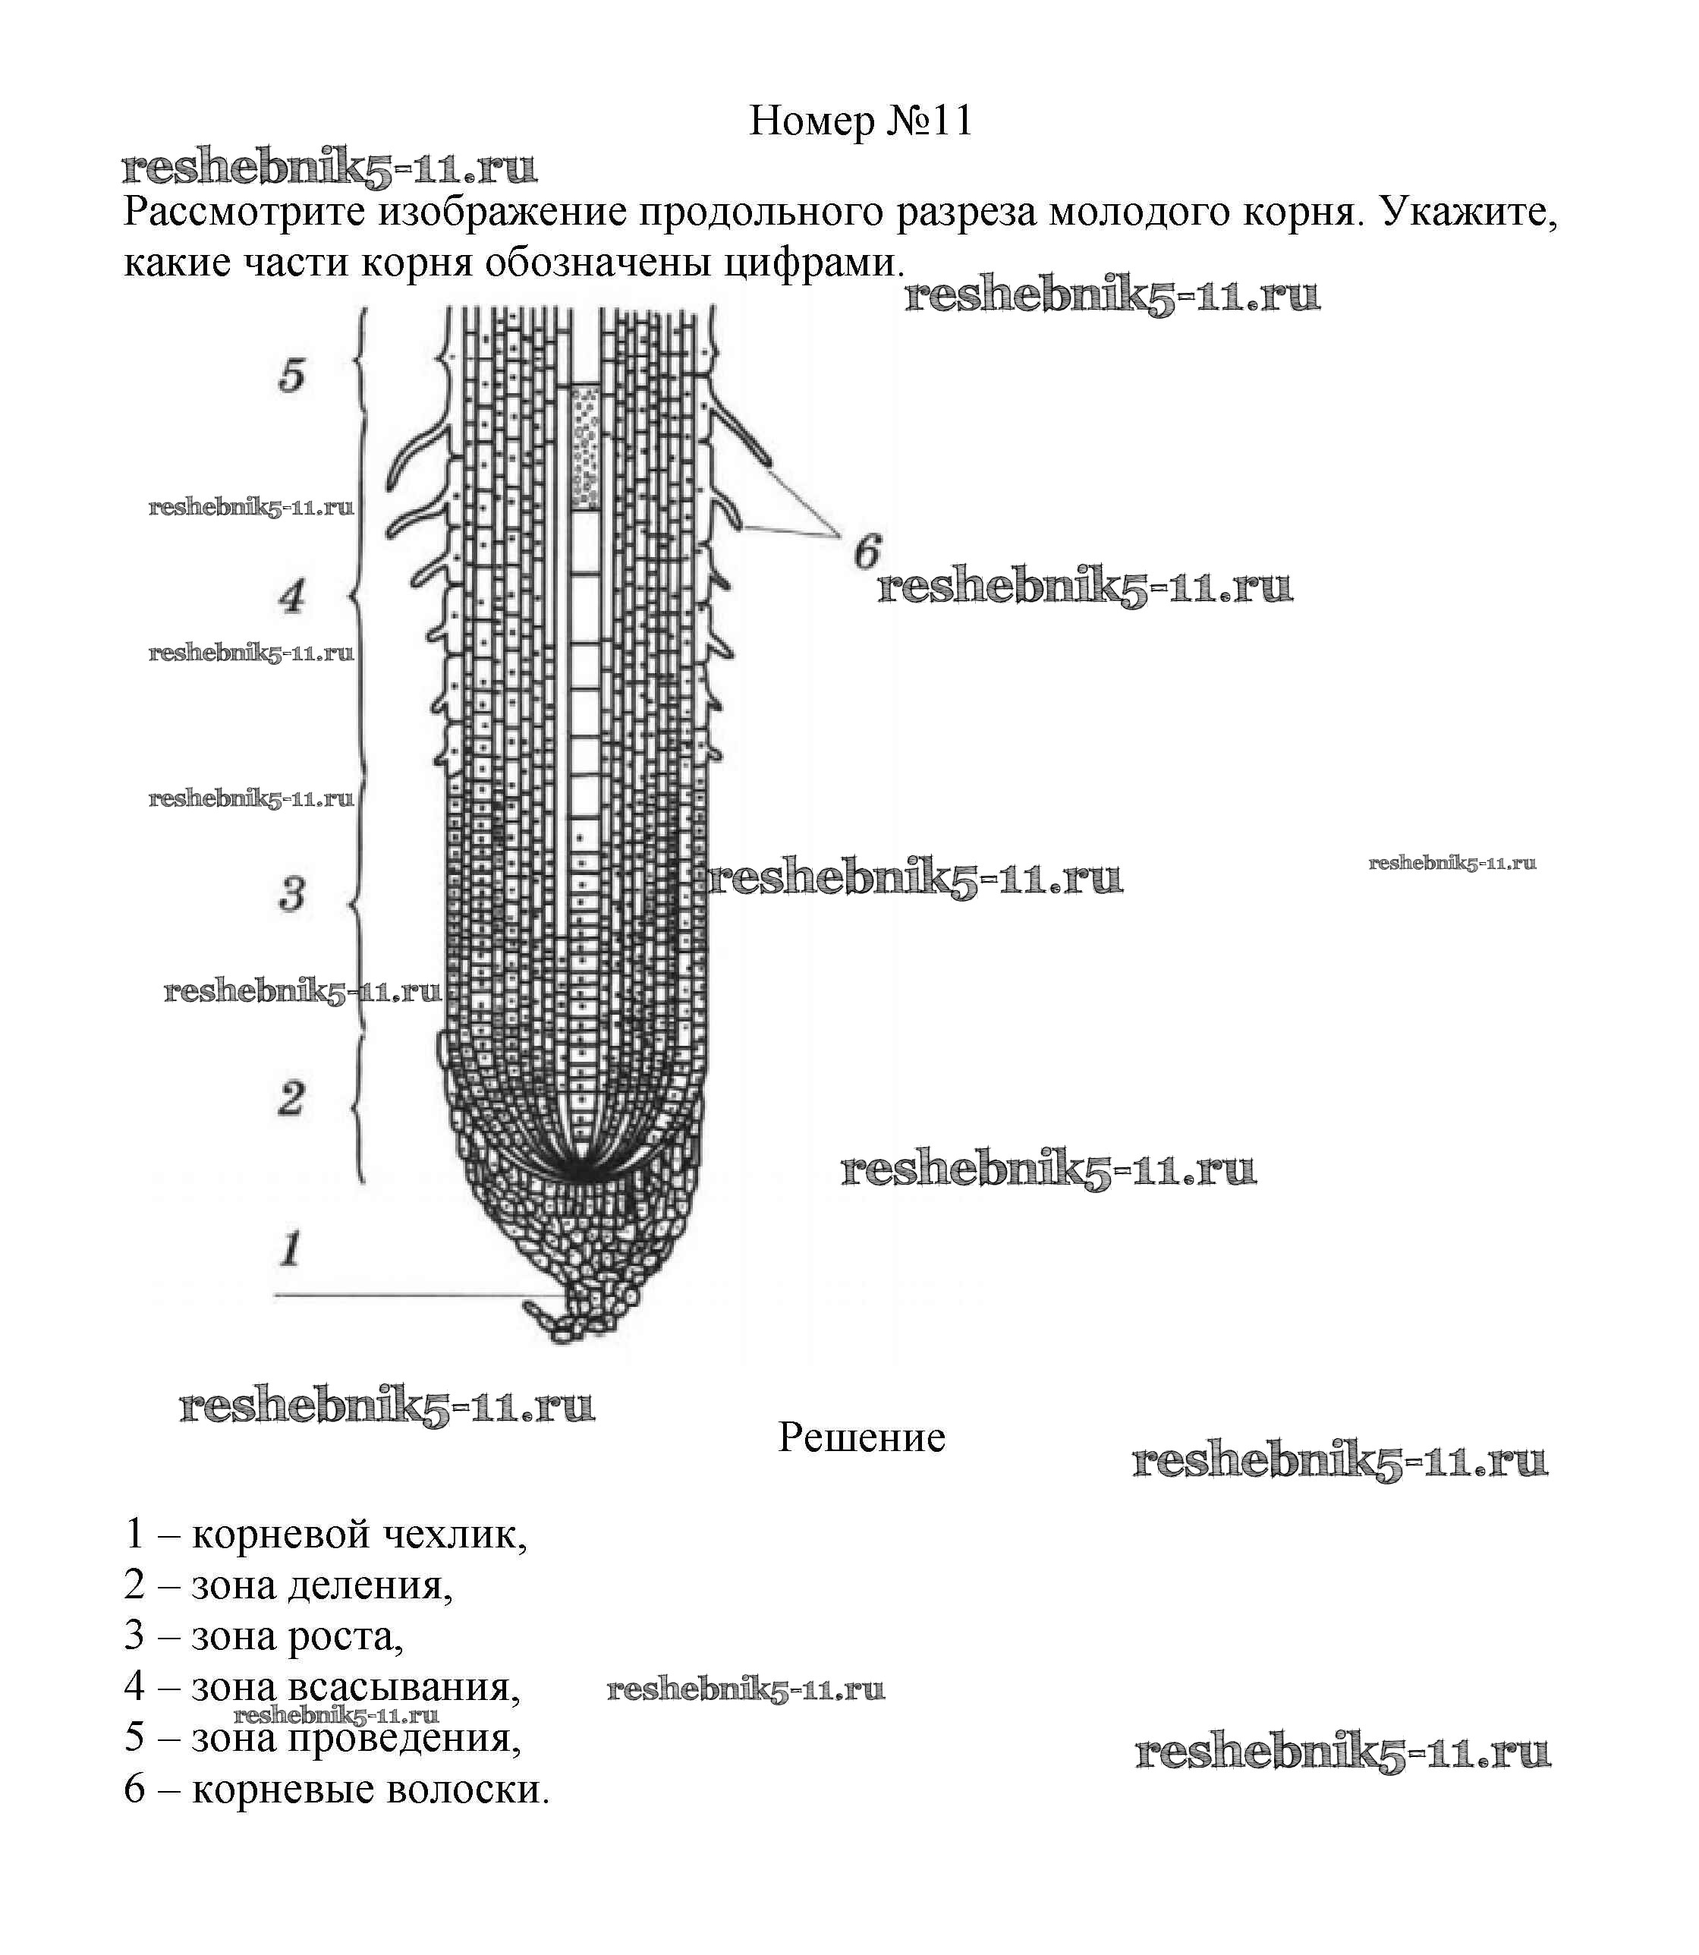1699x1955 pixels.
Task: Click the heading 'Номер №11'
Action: tap(861, 121)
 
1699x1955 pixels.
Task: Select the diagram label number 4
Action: tap(292, 597)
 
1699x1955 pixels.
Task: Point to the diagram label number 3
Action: tap(292, 893)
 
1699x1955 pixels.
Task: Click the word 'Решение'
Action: tap(861, 1437)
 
